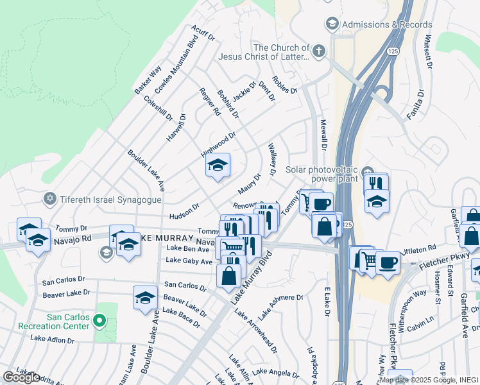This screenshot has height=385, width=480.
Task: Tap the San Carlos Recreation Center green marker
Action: tap(99, 320)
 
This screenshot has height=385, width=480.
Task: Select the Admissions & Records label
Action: tap(387, 24)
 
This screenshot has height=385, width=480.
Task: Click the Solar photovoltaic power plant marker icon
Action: tap(366, 171)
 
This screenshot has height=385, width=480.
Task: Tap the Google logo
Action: tap(21, 377)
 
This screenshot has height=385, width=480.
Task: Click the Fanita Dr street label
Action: tap(415, 106)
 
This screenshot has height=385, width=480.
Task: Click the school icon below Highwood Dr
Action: tap(218, 166)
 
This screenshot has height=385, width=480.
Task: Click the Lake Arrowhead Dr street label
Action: tap(256, 332)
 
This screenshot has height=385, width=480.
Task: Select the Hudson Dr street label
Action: tap(185, 211)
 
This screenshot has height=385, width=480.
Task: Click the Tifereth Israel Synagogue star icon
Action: tap(50, 199)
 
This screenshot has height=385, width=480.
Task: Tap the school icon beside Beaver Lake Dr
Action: tap(146, 297)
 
